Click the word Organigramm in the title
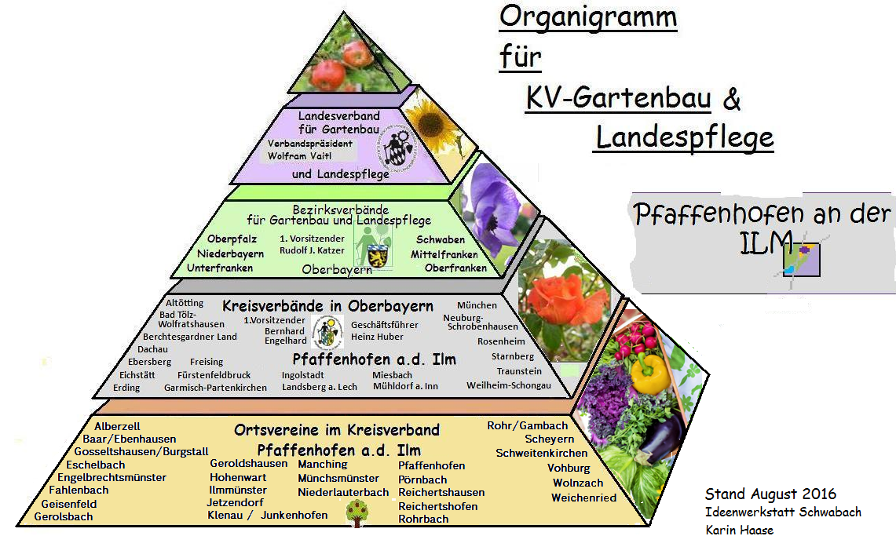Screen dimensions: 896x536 [x=588, y=18]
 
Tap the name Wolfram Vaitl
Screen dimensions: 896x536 [x=299, y=156]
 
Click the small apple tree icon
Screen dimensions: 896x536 [x=357, y=512]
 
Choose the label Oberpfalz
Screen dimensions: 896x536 [x=232, y=239]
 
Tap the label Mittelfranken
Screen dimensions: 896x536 [x=444, y=254]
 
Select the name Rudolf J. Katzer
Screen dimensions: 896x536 [x=312, y=250]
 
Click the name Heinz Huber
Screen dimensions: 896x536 [x=377, y=337]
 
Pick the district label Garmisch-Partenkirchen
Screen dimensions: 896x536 [x=215, y=388]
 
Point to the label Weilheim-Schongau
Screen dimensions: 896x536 [x=509, y=385]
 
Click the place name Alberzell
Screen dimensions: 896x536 [x=117, y=426]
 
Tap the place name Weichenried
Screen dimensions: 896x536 [x=584, y=498]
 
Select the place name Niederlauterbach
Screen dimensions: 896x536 [x=343, y=492]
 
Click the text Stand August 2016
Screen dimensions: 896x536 [x=770, y=494]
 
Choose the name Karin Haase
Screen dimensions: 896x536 [x=740, y=530]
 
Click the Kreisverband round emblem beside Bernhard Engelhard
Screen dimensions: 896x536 [x=327, y=333]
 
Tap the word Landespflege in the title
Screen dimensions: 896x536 [x=685, y=138]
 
